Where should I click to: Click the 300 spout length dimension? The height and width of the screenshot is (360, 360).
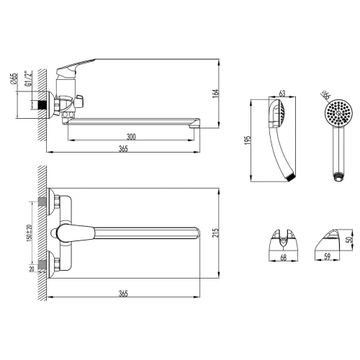[131, 137]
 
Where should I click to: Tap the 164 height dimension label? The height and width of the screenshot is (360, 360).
[215, 94]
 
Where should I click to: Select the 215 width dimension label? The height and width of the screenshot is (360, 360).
[215, 233]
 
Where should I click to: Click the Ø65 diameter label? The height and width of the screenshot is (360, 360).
[14, 78]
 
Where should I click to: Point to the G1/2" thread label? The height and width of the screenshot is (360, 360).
[28, 78]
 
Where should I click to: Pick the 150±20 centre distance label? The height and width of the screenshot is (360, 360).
[29, 233]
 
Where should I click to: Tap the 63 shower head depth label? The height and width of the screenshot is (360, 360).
[282, 93]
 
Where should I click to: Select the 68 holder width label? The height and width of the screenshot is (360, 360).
[284, 258]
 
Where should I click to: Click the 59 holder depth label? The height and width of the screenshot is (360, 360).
[327, 256]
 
